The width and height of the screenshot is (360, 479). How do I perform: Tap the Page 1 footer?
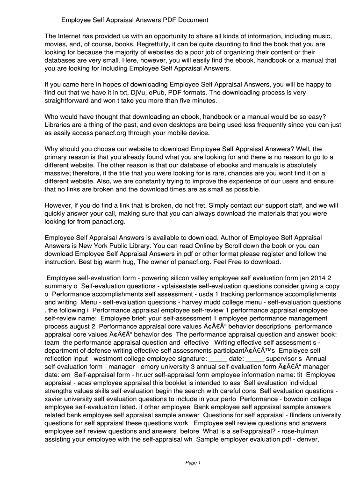193,463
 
